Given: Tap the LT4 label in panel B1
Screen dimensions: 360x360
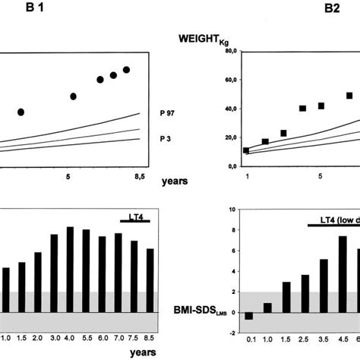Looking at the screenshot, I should (134, 215).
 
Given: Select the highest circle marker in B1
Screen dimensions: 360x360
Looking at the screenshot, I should (127, 70).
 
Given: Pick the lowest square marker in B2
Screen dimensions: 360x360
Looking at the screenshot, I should (245, 150).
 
